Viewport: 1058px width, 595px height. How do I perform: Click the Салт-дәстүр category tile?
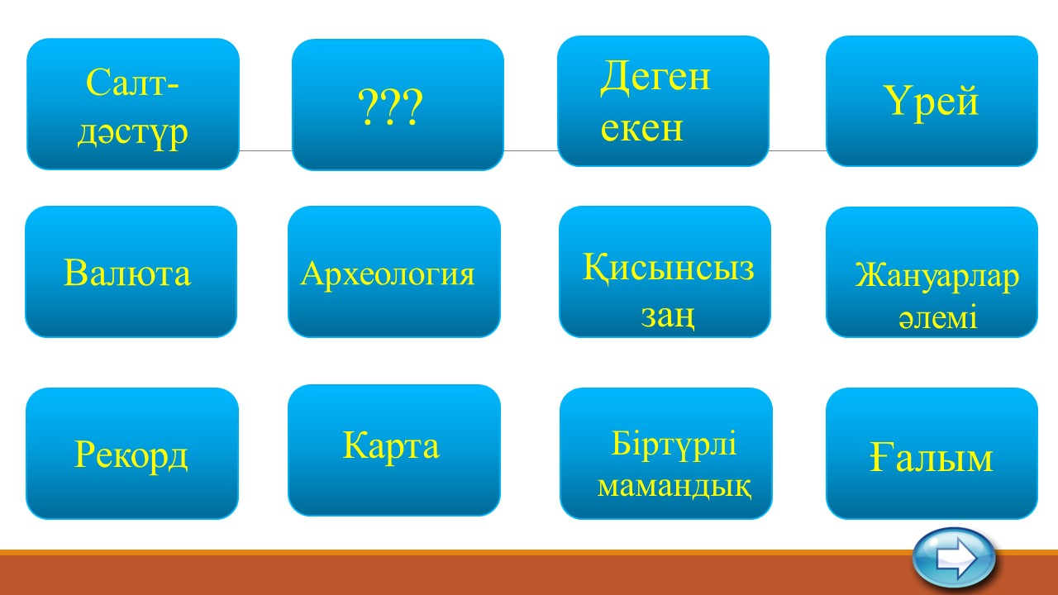pos(133,104)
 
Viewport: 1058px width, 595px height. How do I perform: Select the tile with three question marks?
pos(398,104)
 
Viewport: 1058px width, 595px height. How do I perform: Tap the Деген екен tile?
pos(663,101)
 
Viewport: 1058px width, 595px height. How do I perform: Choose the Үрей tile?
pos(932,101)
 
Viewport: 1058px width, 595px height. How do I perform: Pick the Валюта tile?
pos(131,272)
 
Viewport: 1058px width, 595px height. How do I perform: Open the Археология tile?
pos(394,272)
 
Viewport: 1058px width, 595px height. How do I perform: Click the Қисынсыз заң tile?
pos(665,272)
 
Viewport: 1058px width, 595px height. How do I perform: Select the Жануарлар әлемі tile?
pos(932,272)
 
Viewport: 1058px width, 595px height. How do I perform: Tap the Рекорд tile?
pos(131,454)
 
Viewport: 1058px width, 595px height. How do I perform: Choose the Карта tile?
pos(394,450)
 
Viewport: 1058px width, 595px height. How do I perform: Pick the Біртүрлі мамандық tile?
pos(666,454)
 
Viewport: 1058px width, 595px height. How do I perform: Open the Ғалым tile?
pos(932,454)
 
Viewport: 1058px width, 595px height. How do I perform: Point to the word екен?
pos(641,128)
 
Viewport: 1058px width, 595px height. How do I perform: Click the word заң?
pos(667,315)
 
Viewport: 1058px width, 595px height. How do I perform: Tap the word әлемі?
pos(937,317)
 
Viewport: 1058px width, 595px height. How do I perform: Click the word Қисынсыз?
pos(668,267)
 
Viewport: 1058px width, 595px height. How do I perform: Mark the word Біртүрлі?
pos(674,444)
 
